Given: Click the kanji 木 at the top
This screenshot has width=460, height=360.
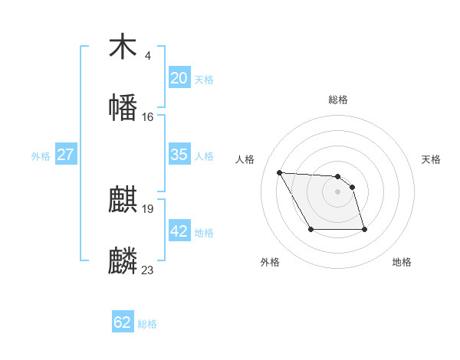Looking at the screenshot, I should [x=123, y=47].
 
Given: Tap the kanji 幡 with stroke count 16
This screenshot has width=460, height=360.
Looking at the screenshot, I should [x=123, y=106].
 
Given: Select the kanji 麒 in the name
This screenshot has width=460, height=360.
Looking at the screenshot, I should [x=123, y=200].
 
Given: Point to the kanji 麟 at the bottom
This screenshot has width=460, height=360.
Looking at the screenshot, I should [x=123, y=260].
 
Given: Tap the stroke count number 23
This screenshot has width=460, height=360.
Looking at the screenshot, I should [x=147, y=270].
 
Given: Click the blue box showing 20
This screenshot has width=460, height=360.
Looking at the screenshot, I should [x=179, y=78].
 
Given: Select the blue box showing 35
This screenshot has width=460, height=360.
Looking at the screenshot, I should [x=179, y=155].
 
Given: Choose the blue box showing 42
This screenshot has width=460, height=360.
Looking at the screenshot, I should [x=179, y=231].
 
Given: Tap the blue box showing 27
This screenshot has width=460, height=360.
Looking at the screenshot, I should [x=65, y=155].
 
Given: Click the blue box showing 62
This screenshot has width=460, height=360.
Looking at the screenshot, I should [x=123, y=322].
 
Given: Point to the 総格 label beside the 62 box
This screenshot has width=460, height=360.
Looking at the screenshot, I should [x=147, y=324].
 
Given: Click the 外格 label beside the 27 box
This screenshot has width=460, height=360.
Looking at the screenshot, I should [x=41, y=156].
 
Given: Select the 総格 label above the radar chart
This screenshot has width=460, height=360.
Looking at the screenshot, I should [x=338, y=100].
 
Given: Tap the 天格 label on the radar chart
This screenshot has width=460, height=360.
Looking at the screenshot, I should [x=432, y=159].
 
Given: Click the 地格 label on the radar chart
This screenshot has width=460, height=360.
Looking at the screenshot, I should [x=402, y=262].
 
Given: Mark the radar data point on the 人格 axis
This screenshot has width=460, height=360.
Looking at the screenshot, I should [x=279, y=172].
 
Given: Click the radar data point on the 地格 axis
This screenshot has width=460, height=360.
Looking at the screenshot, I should [x=364, y=229].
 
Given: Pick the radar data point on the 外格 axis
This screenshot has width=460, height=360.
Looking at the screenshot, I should [x=310, y=229].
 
